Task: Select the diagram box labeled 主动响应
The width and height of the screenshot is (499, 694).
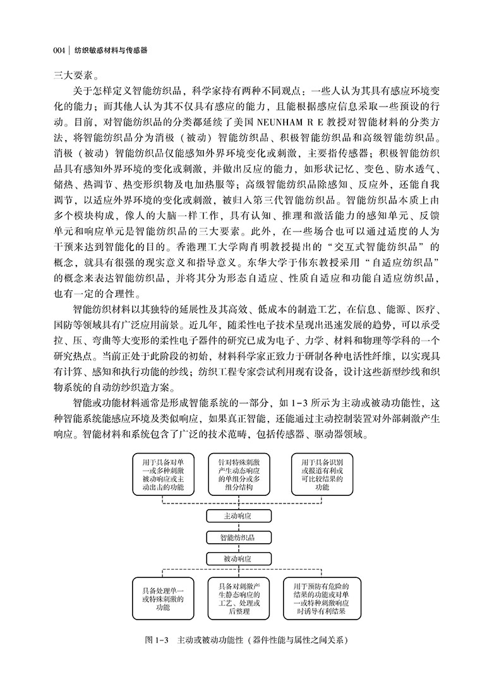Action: pos(238,515)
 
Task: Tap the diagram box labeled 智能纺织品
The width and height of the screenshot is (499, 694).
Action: pos(238,538)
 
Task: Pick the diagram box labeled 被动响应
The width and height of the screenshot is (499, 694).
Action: pos(238,559)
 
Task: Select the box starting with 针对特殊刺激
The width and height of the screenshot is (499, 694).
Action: pos(238,474)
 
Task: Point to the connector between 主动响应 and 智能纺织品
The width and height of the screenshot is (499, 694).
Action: pos(238,527)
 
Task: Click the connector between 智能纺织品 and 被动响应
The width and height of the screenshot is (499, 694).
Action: pos(238,548)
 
